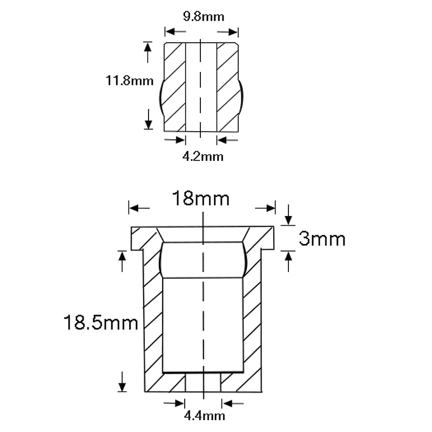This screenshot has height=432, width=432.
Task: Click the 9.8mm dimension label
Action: click(x=204, y=17)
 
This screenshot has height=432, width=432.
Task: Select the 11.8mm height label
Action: click(x=130, y=80)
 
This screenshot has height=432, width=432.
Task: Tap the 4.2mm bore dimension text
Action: click(x=203, y=157)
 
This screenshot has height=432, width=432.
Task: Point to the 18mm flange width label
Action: click(x=200, y=198)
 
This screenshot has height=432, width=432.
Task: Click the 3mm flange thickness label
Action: click(x=322, y=239)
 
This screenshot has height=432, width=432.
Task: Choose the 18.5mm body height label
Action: click(x=101, y=322)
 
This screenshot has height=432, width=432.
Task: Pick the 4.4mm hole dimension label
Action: click(x=205, y=416)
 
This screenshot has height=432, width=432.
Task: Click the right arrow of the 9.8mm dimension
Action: click(x=227, y=32)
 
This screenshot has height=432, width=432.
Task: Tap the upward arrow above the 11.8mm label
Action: click(x=148, y=52)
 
